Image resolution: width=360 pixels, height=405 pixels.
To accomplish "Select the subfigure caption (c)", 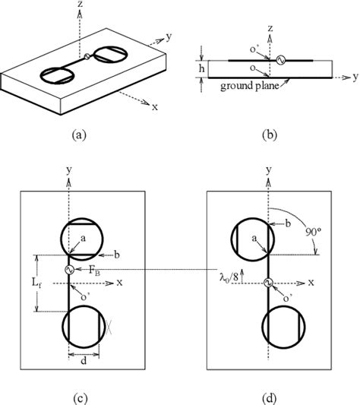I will pyautogui.click(x=84, y=393).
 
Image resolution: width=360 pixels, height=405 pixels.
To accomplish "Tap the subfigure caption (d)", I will pyautogui.click(x=270, y=393).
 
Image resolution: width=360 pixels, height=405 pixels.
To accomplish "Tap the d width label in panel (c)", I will pyautogui.click(x=84, y=359).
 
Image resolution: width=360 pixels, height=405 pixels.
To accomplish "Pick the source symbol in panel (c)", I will pyautogui.click(x=69, y=269).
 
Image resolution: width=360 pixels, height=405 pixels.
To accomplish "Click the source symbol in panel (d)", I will pyautogui.click(x=268, y=283).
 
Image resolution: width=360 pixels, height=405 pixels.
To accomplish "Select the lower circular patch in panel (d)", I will pyautogui.click(x=284, y=327).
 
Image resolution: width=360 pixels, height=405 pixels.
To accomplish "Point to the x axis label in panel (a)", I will pyautogui.click(x=155, y=107).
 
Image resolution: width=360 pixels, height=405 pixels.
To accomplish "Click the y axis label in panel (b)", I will pyautogui.click(x=354, y=77).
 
